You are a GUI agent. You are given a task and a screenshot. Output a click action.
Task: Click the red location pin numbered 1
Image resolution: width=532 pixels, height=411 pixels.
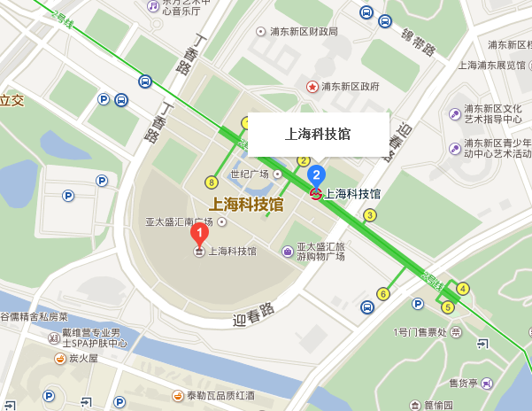tap(200, 235)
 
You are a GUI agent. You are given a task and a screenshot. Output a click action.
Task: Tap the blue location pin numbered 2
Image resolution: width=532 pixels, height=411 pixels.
tap(316, 174)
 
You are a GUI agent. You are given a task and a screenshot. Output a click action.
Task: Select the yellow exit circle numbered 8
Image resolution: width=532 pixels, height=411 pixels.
tap(211, 182)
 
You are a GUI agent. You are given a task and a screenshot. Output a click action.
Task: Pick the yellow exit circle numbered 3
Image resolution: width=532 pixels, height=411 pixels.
tap(370, 214)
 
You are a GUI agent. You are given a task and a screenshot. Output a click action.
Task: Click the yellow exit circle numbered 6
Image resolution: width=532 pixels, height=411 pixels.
tap(383, 293)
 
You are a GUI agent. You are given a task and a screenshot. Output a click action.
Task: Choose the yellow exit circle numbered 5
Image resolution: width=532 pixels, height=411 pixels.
tap(448, 307)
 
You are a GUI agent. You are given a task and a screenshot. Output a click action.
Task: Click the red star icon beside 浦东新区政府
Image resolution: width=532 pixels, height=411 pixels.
tap(312, 87)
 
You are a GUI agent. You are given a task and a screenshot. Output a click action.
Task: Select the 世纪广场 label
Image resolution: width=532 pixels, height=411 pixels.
tap(249, 174)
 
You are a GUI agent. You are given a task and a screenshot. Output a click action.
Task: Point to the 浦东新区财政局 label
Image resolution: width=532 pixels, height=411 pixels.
tap(303, 32)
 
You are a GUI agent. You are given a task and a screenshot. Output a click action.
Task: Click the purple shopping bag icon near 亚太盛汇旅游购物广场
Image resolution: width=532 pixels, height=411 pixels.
tap(288, 252)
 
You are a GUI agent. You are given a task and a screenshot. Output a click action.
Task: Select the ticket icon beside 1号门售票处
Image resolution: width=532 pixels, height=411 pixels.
tap(455, 332)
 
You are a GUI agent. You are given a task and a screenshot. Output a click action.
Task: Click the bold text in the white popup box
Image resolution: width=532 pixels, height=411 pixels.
tap(318, 134)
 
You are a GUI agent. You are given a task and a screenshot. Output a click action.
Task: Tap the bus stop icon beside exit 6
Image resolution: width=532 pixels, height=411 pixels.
tap(366, 307)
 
